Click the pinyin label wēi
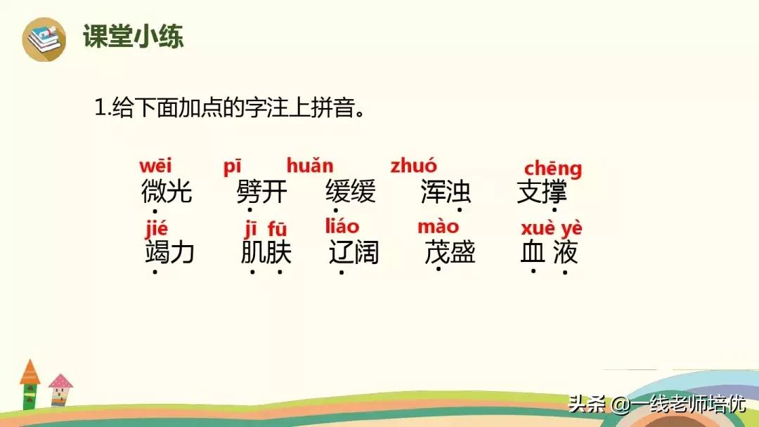click(155, 167)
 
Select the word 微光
click(167, 192)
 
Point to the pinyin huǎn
click(310, 166)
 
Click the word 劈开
click(262, 192)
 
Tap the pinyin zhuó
click(413, 166)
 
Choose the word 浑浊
click(446, 192)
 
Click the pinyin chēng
click(553, 169)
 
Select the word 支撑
click(542, 192)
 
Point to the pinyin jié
click(157, 229)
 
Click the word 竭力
click(169, 252)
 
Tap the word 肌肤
click(266, 252)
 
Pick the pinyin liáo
click(342, 226)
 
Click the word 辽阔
click(354, 252)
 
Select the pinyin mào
click(438, 226)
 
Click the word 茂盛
click(450, 252)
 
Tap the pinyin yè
click(571, 228)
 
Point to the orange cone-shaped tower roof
click(30, 372)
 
